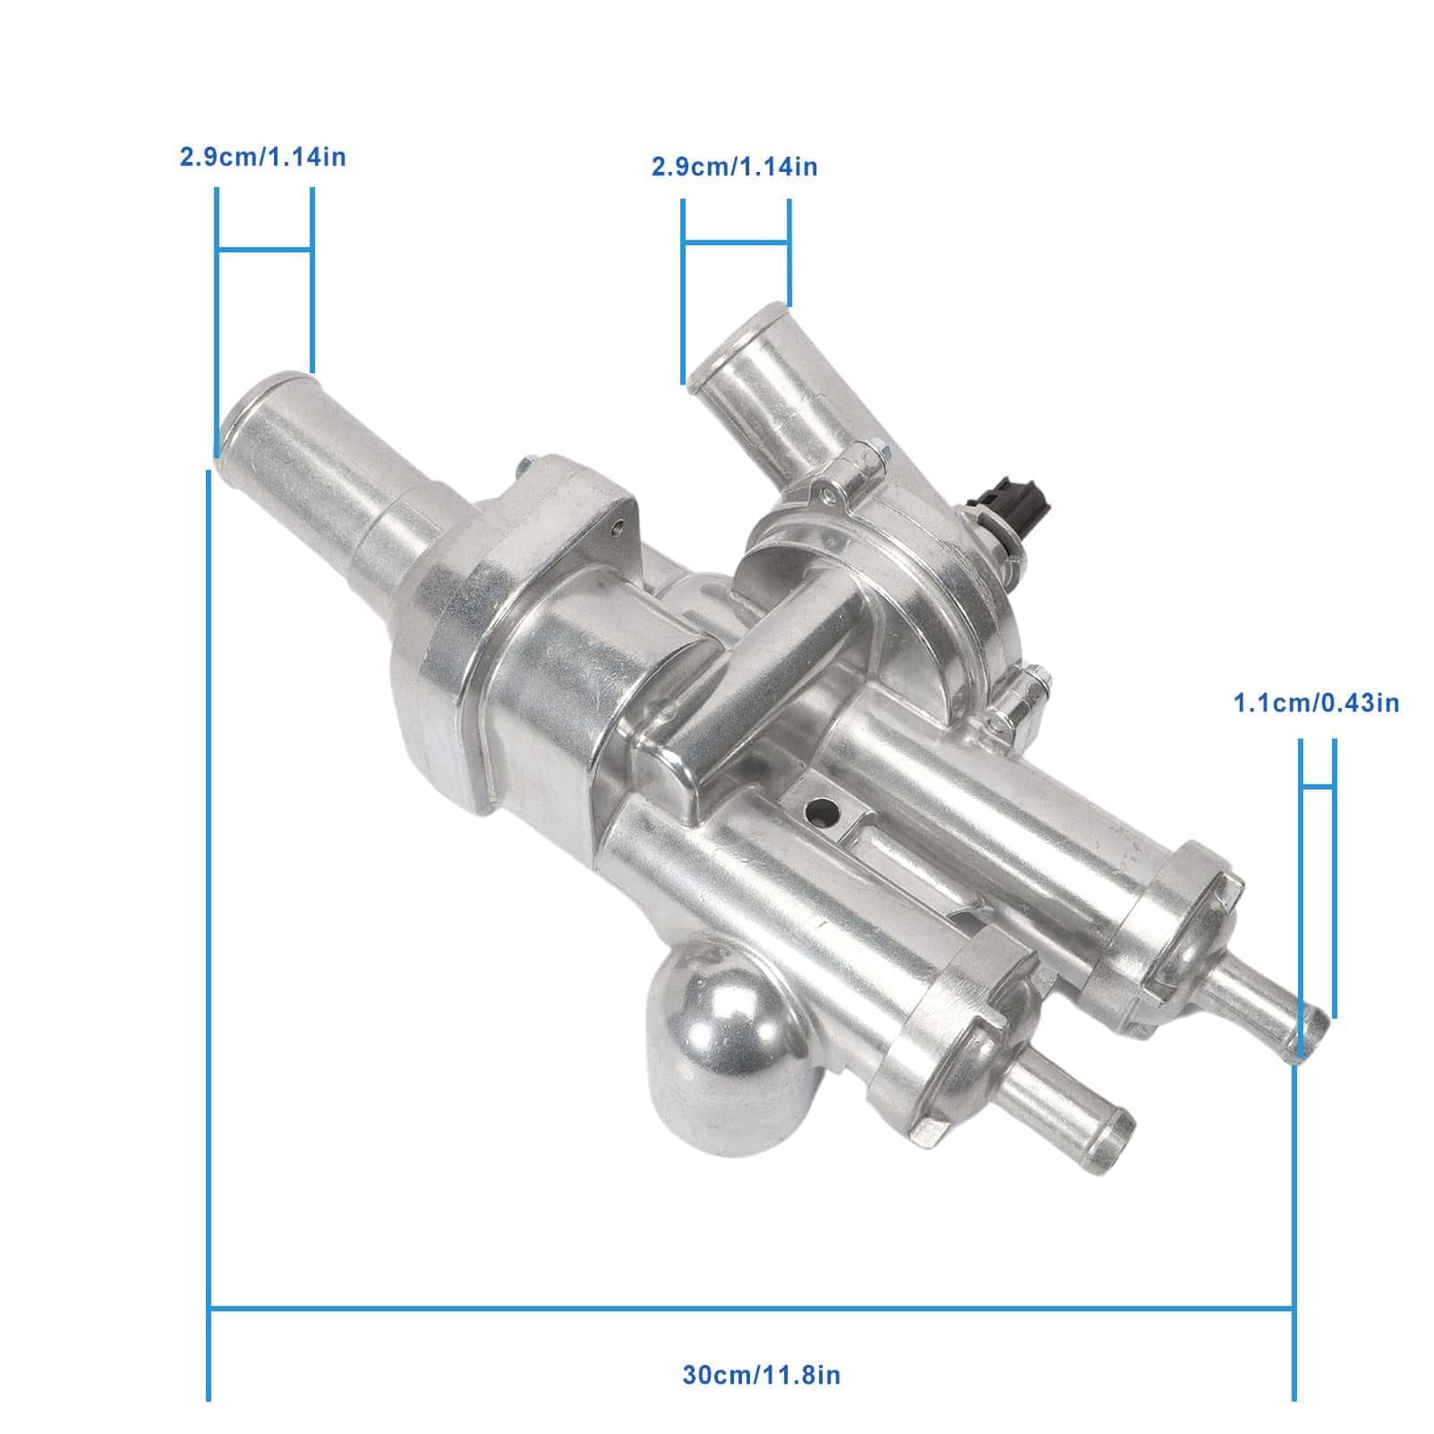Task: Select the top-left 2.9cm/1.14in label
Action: (x=262, y=158)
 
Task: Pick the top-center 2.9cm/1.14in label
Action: (x=734, y=166)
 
